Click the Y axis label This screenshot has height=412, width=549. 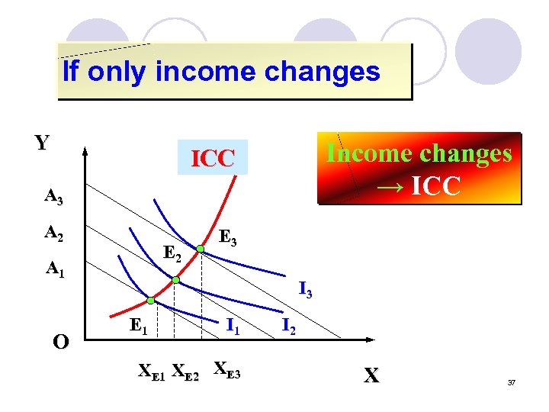(x=43, y=143)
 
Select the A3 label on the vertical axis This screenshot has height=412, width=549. (x=53, y=197)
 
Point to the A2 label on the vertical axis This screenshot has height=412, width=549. (x=53, y=232)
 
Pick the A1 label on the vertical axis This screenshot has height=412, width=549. (x=53, y=268)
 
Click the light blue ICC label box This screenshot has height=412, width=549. (x=213, y=158)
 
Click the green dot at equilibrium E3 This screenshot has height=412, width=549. (x=200, y=249)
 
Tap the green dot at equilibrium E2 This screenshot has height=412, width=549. (x=175, y=280)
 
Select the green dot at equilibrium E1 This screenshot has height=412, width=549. (x=151, y=299)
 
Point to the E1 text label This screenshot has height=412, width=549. (x=138, y=327)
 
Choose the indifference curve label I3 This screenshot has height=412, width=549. (x=305, y=289)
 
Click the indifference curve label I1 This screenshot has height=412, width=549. (x=233, y=326)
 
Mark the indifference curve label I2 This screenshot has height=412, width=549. (x=289, y=326)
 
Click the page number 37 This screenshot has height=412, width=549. (x=512, y=381)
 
